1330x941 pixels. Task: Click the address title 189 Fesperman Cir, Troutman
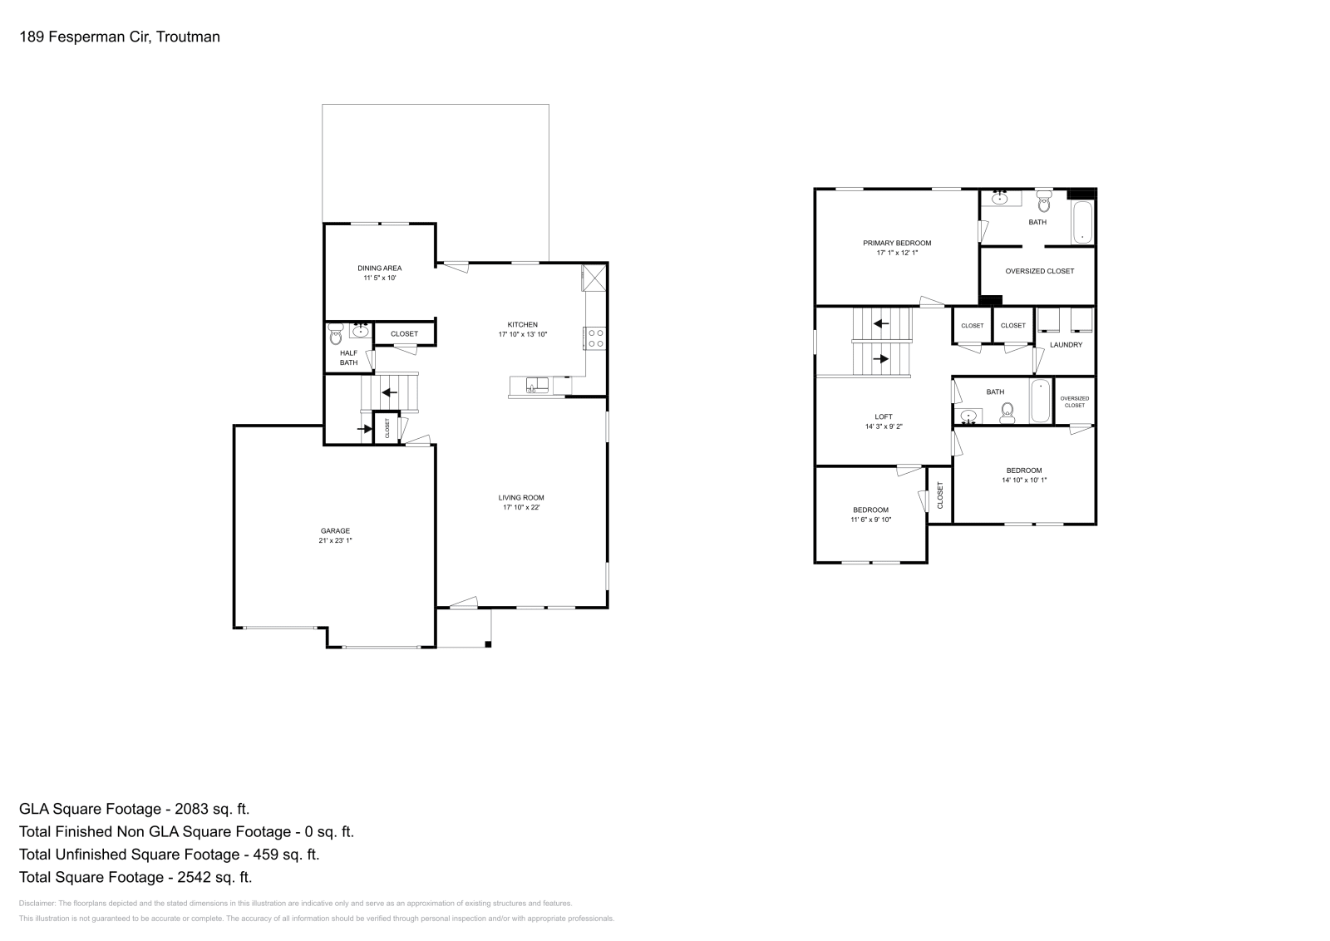(120, 37)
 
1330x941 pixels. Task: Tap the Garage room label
(336, 530)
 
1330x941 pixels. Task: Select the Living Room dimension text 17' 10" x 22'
(521, 508)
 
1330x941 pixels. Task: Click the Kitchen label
(523, 324)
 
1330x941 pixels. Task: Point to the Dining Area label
(380, 268)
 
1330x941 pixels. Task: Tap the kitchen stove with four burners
(596, 337)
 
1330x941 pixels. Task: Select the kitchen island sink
(537, 384)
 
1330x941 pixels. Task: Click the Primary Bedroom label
(897, 243)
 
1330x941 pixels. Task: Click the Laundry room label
(1066, 344)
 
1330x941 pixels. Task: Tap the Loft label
(884, 416)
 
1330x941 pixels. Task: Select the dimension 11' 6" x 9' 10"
(870, 520)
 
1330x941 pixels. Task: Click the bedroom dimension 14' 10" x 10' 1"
(1024, 480)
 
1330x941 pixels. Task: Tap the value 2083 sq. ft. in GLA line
(208, 808)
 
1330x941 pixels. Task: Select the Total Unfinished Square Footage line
(169, 854)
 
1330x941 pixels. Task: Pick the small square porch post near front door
(488, 643)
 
